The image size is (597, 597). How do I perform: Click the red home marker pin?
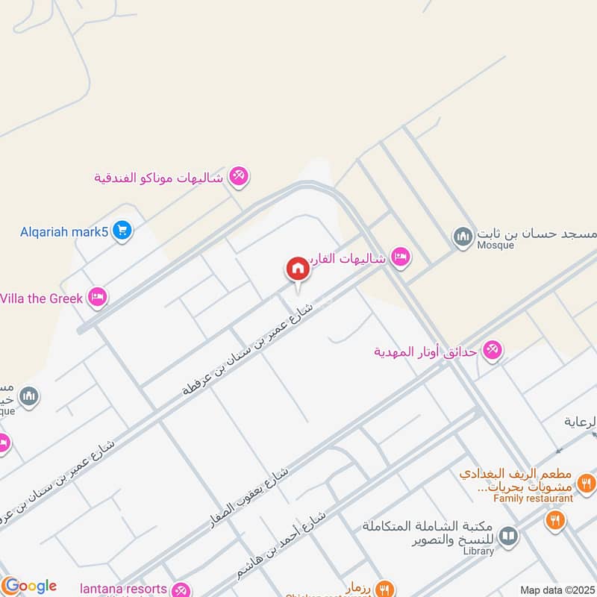tap(297, 269)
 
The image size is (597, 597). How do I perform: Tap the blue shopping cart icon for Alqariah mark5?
tap(123, 231)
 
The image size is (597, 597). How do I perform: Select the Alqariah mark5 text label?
tap(64, 231)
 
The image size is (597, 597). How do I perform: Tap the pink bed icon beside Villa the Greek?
tap(97, 298)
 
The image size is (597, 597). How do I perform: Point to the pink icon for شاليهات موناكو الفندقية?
tap(239, 177)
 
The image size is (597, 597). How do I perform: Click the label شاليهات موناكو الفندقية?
tap(158, 178)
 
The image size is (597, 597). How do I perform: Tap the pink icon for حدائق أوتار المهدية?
tap(492, 348)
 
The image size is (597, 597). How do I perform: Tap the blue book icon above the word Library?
tap(508, 535)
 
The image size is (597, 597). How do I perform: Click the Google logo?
tap(30, 586)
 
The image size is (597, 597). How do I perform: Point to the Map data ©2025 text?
tap(557, 590)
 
